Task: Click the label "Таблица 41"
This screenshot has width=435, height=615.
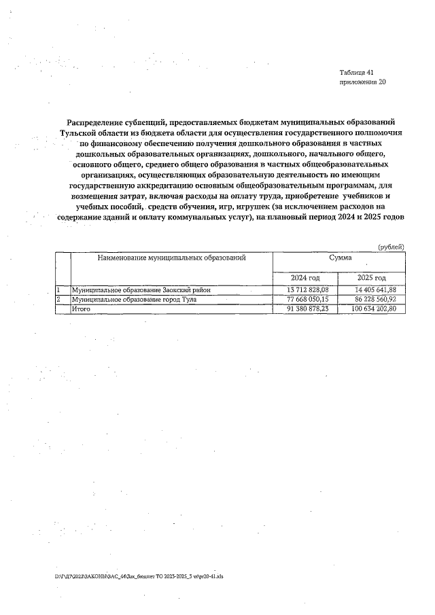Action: pos(356,72)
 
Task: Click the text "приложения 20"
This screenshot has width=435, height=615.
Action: pos(362,82)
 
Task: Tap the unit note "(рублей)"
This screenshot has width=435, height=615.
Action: pos(391,246)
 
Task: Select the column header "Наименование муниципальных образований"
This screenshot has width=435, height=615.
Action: pos(171,258)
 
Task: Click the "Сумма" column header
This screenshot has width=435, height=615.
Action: pos(340,258)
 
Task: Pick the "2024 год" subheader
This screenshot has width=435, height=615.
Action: pos(305,278)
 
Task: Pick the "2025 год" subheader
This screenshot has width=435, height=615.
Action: pos(372,278)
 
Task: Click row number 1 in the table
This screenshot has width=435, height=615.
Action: pos(58,290)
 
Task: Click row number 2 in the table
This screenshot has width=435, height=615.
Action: pos(58,299)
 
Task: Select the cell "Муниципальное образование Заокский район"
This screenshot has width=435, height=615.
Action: pos(141,290)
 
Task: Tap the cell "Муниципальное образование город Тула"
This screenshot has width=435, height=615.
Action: pos(134,299)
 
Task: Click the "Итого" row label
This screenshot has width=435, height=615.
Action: pos(81,309)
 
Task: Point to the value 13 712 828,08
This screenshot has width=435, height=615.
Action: pos(305,290)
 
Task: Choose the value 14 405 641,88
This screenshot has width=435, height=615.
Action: pos(372,290)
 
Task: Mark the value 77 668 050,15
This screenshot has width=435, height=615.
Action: pos(305,299)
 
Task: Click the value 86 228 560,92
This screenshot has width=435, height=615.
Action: pos(372,299)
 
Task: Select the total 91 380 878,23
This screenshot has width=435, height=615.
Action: pos(305,309)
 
